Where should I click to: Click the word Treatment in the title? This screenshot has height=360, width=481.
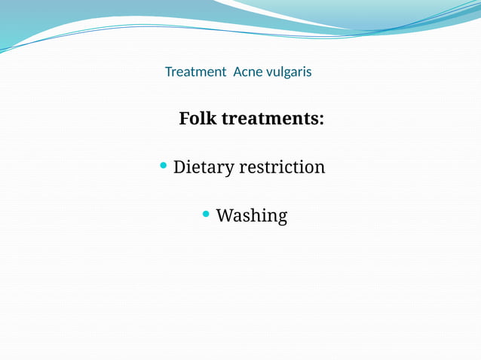coord(195,72)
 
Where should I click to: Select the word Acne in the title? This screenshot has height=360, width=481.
coord(247,72)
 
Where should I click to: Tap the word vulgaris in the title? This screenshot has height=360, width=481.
coord(287,72)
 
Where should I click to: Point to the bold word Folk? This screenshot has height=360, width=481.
coord(197,119)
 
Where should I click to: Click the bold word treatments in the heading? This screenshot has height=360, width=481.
coord(268,119)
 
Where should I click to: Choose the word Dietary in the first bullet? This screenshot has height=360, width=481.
coord(204,167)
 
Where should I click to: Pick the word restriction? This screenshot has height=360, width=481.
coord(282,166)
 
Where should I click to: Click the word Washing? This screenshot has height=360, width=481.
coord(252,216)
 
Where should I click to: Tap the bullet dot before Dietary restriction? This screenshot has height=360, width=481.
coord(164,165)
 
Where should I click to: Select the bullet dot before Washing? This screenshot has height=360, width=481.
coord(207,215)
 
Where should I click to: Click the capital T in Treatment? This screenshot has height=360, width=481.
coord(168,72)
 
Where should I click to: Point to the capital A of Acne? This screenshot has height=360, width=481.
coord(237,72)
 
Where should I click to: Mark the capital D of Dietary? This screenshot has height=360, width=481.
coord(179,166)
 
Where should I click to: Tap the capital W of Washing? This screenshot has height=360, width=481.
coord(224,215)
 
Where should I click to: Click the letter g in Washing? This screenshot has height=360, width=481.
coord(282,218)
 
